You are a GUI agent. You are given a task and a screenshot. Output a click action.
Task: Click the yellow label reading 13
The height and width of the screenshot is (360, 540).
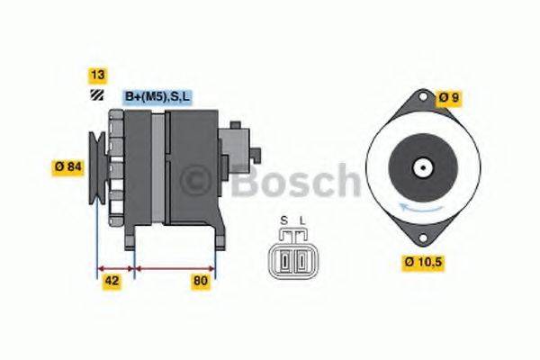[96, 74]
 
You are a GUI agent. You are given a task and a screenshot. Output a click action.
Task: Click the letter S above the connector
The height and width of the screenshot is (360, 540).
[283, 220]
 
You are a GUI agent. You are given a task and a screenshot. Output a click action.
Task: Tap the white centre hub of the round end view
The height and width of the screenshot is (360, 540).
[420, 167]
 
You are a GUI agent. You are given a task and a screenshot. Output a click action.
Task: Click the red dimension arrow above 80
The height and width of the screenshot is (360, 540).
[175, 267]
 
